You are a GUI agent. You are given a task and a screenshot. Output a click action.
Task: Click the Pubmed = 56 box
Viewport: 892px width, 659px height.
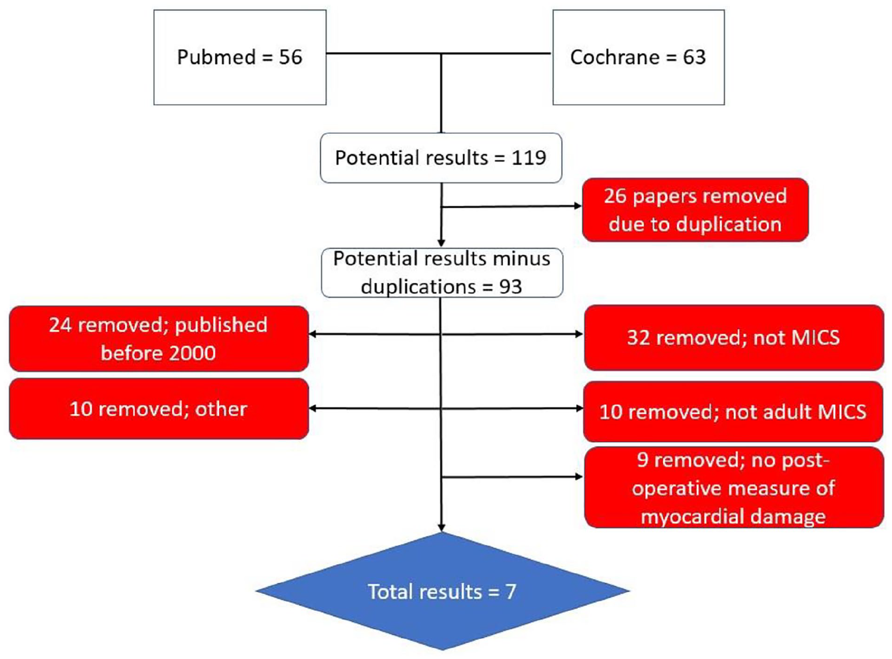click(x=240, y=57)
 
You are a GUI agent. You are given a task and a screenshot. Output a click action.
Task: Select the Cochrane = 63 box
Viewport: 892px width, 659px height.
click(x=639, y=57)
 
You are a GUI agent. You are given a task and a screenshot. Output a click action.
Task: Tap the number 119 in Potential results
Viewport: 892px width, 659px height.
click(x=529, y=158)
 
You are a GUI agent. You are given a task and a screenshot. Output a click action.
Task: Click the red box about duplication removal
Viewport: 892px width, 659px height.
click(x=695, y=210)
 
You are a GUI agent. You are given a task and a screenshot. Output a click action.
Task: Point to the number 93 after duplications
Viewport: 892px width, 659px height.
click(x=510, y=287)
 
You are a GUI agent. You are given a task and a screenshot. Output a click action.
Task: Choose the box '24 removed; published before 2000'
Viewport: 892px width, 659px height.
click(x=159, y=339)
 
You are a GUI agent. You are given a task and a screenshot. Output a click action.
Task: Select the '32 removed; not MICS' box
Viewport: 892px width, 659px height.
click(x=734, y=338)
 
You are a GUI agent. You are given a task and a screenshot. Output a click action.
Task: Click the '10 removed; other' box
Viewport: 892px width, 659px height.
click(x=159, y=409)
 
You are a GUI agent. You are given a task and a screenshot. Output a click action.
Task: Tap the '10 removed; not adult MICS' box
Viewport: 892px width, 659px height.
click(x=733, y=412)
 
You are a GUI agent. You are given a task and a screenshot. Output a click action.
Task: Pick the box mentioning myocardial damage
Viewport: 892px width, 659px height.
click(x=734, y=488)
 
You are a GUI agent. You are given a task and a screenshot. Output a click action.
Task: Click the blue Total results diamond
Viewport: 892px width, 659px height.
click(x=442, y=591)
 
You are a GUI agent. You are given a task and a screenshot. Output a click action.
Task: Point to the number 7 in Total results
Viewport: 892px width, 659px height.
click(x=511, y=592)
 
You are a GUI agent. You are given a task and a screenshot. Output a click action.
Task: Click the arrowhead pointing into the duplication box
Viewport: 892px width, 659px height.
click(x=578, y=206)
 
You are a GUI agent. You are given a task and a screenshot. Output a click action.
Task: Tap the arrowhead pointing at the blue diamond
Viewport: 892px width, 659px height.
click(x=442, y=527)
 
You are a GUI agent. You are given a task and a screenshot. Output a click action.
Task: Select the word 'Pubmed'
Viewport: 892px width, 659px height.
click(x=216, y=57)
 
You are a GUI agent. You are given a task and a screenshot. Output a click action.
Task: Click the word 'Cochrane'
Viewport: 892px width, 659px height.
click(x=614, y=57)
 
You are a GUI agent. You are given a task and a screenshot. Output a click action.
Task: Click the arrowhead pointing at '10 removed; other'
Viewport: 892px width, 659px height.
click(x=313, y=408)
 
